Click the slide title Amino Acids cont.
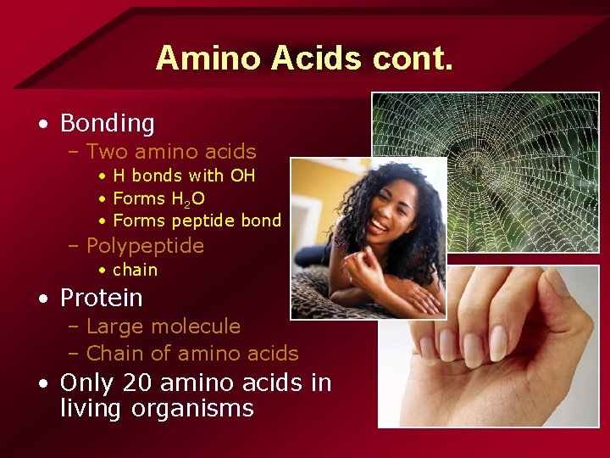coord(305,58)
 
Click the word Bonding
coord(107,124)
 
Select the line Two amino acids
coord(171,152)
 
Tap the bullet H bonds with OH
coord(184,176)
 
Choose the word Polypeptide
coord(145,246)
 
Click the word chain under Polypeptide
coord(135,270)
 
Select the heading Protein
coord(101,299)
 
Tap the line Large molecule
coord(164,327)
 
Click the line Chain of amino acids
coord(192,354)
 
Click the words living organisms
coord(157,408)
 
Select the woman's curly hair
coord(424,212)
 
